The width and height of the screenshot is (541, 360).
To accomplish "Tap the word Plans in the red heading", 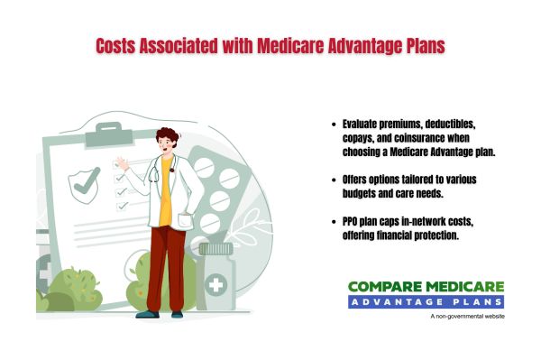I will coord(421,46).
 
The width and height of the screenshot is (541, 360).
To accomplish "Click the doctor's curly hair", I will coord(168,137).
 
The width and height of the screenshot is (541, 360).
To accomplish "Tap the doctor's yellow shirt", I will coord(165,204).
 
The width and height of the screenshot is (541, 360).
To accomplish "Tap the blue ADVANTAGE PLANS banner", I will coord(426,302).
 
